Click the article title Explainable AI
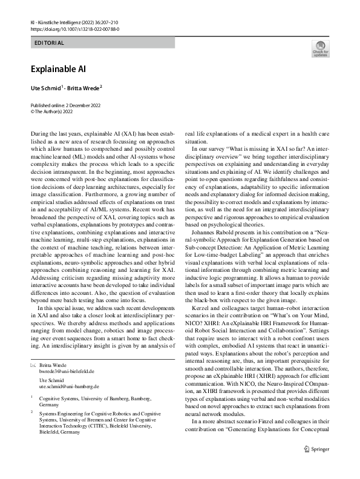pos(61,69)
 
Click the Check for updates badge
pos(320,50)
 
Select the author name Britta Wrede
pos(82,88)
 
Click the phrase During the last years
pos(57,131)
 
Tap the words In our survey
pos(209,147)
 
